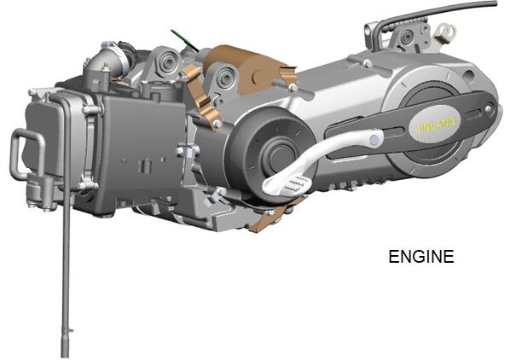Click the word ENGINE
pos(420,256)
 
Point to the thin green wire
pos(184,40)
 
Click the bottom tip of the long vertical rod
pos(65,356)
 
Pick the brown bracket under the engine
pos(273,215)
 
